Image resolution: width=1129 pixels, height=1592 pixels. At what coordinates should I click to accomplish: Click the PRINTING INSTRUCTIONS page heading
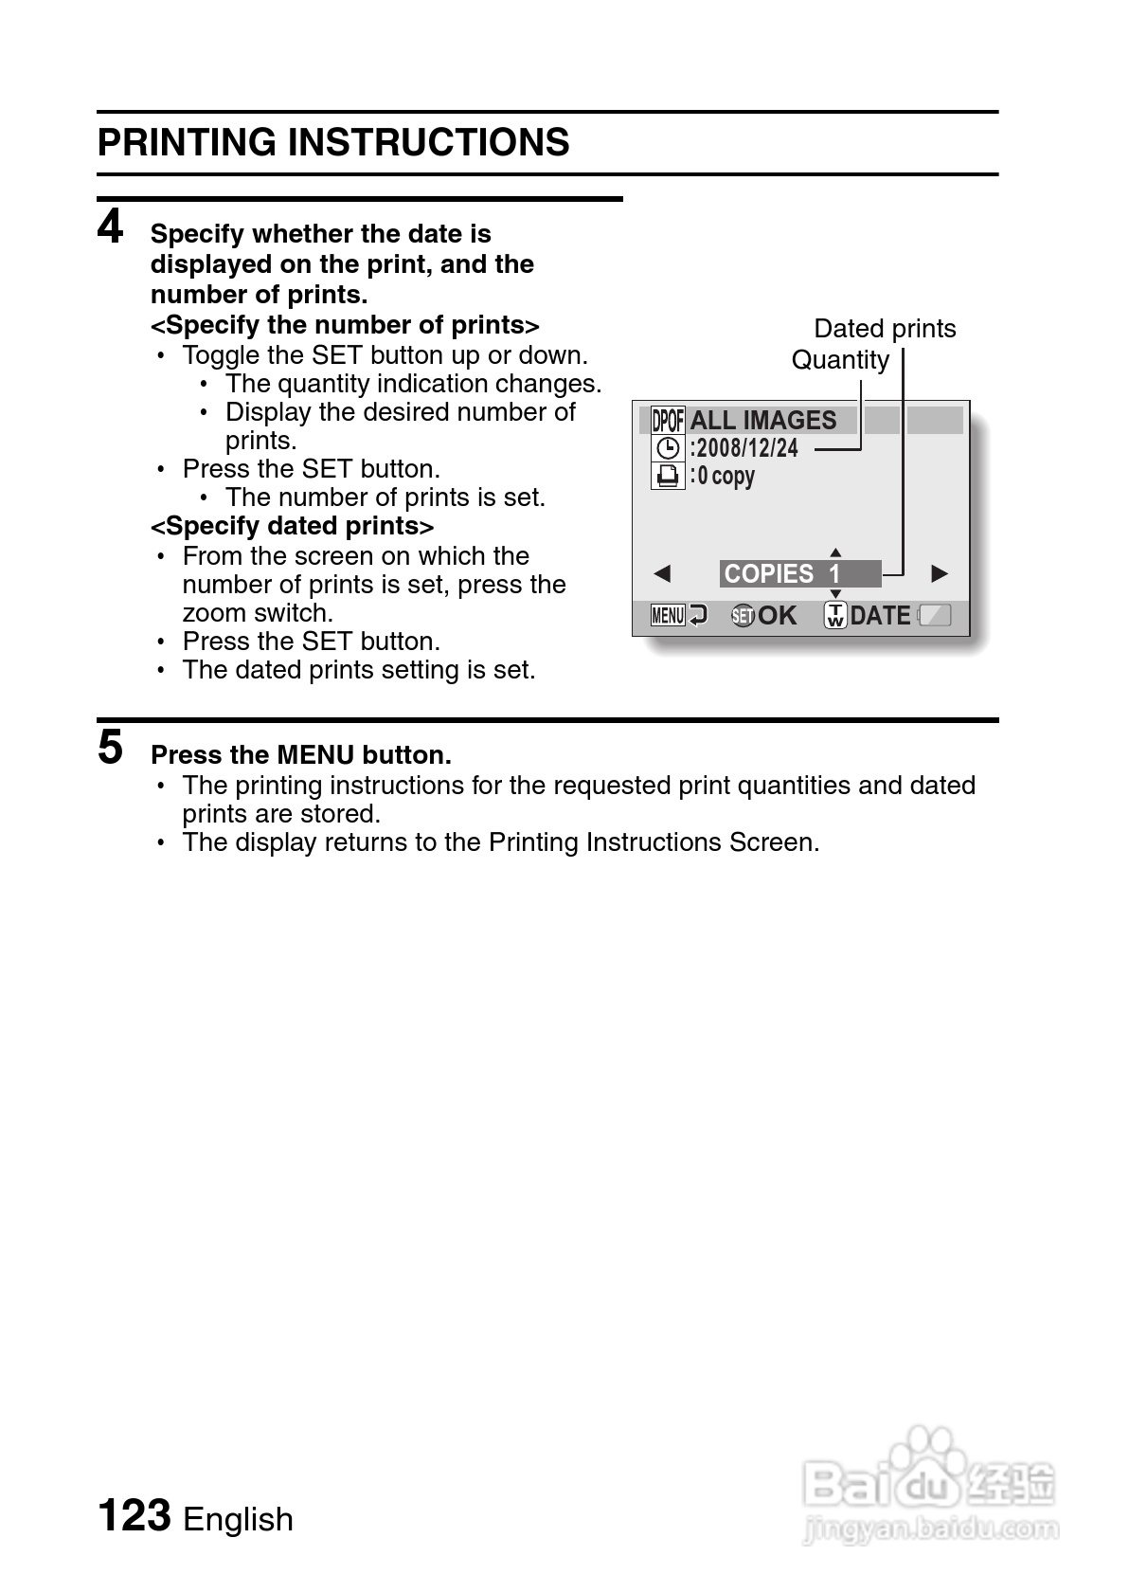pyautogui.click(x=333, y=143)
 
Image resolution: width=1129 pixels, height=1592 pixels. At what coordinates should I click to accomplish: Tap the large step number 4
pyautogui.click(x=111, y=227)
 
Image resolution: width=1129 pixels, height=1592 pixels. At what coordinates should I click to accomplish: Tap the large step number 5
pyautogui.click(x=111, y=747)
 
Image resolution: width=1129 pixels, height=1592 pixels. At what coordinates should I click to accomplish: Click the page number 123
pyautogui.click(x=134, y=1514)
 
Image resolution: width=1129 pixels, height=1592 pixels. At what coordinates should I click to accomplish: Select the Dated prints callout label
pyautogui.click(x=885, y=329)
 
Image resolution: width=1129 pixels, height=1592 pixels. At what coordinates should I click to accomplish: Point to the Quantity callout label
pyautogui.click(x=840, y=360)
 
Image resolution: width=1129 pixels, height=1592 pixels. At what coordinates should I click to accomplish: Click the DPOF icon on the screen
pyautogui.click(x=668, y=420)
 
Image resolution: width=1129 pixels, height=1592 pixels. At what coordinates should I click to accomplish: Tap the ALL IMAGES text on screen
pyautogui.click(x=763, y=420)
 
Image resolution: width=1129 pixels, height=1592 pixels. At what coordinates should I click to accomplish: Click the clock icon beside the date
pyautogui.click(x=668, y=447)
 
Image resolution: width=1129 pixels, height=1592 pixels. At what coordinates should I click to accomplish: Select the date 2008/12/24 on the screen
pyautogui.click(x=747, y=447)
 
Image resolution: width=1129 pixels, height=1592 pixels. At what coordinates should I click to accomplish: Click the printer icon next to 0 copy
pyautogui.click(x=668, y=475)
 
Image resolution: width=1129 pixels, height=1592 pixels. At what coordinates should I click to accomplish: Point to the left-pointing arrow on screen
pyautogui.click(x=662, y=574)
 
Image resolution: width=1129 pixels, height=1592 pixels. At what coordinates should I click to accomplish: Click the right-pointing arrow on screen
pyautogui.click(x=940, y=574)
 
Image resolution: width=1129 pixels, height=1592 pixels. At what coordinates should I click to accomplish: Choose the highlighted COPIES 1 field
pyautogui.click(x=799, y=574)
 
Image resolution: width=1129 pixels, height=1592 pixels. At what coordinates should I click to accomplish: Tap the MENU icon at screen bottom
pyautogui.click(x=668, y=616)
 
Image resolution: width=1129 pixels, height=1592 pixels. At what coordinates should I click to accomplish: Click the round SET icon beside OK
pyautogui.click(x=744, y=616)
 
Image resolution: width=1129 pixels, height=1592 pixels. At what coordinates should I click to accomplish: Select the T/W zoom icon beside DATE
pyautogui.click(x=835, y=616)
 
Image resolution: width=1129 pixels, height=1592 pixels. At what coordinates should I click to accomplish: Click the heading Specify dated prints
pyautogui.click(x=293, y=526)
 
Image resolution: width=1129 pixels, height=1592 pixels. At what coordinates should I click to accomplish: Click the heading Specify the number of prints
pyautogui.click(x=345, y=325)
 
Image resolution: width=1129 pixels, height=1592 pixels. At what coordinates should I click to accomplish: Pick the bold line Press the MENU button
pyautogui.click(x=301, y=755)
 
